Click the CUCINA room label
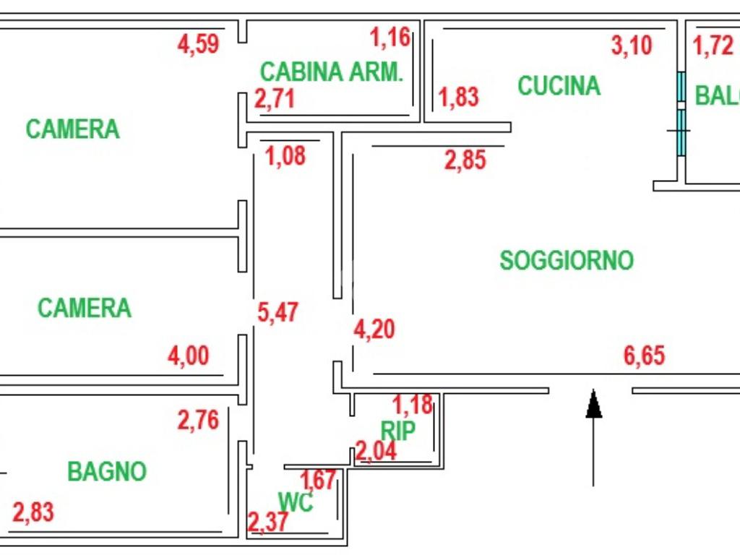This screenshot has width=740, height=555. click(x=559, y=86)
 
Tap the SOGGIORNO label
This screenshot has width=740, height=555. click(x=567, y=260)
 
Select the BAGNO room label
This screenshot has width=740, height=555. click(x=107, y=472)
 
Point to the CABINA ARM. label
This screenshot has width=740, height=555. click(x=331, y=72)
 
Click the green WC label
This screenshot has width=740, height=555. click(x=296, y=502)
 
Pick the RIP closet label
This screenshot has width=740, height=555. click(x=398, y=431)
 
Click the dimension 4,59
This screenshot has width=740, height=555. click(x=198, y=44)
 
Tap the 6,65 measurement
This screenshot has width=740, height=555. click(x=644, y=356)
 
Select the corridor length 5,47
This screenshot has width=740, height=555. click(x=278, y=313)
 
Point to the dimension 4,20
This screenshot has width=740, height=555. click(x=374, y=330)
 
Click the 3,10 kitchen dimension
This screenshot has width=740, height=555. click(x=632, y=46)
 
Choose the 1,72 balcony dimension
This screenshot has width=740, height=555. click(x=713, y=46)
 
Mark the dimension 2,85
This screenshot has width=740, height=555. click(x=465, y=160)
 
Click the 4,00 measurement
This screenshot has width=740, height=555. click(x=189, y=356)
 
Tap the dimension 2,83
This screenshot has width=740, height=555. click(x=33, y=513)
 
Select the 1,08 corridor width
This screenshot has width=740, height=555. click(x=286, y=155)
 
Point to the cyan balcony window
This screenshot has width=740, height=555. click(x=681, y=116)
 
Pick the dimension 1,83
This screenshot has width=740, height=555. click(x=459, y=97)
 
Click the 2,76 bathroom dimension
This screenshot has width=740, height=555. click(x=198, y=420)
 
